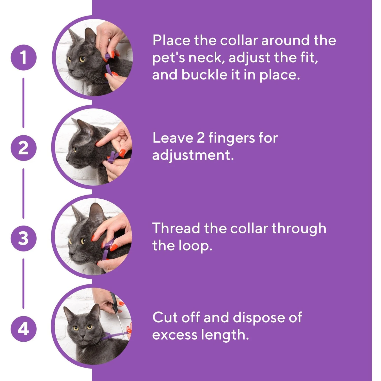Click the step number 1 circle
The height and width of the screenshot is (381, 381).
[x=23, y=58]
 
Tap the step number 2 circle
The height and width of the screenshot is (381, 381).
[x=23, y=148]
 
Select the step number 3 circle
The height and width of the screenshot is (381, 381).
[x=23, y=239]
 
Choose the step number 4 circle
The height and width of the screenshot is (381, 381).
[x=23, y=329]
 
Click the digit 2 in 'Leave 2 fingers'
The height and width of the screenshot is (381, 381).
[x=201, y=138]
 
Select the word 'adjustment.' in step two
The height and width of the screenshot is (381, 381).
[x=193, y=155]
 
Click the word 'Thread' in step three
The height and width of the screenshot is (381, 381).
[x=176, y=228]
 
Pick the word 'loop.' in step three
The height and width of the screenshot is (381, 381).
[x=195, y=246]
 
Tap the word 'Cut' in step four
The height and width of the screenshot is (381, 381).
[x=164, y=317]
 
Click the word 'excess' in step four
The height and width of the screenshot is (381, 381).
[x=175, y=335]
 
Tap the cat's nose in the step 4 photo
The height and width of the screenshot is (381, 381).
[x=83, y=336]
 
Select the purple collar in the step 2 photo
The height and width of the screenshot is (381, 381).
[x=112, y=157]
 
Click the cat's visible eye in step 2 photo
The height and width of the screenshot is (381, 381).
[x=75, y=149]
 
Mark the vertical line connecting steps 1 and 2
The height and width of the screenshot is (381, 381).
[x=23, y=103]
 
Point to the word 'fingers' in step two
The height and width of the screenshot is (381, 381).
[x=231, y=138]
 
